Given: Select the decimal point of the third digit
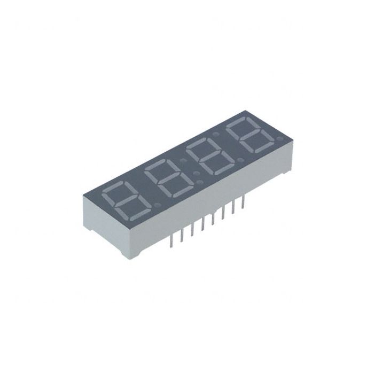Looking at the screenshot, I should point(240,160).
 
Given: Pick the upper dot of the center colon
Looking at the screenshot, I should point(183,160).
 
